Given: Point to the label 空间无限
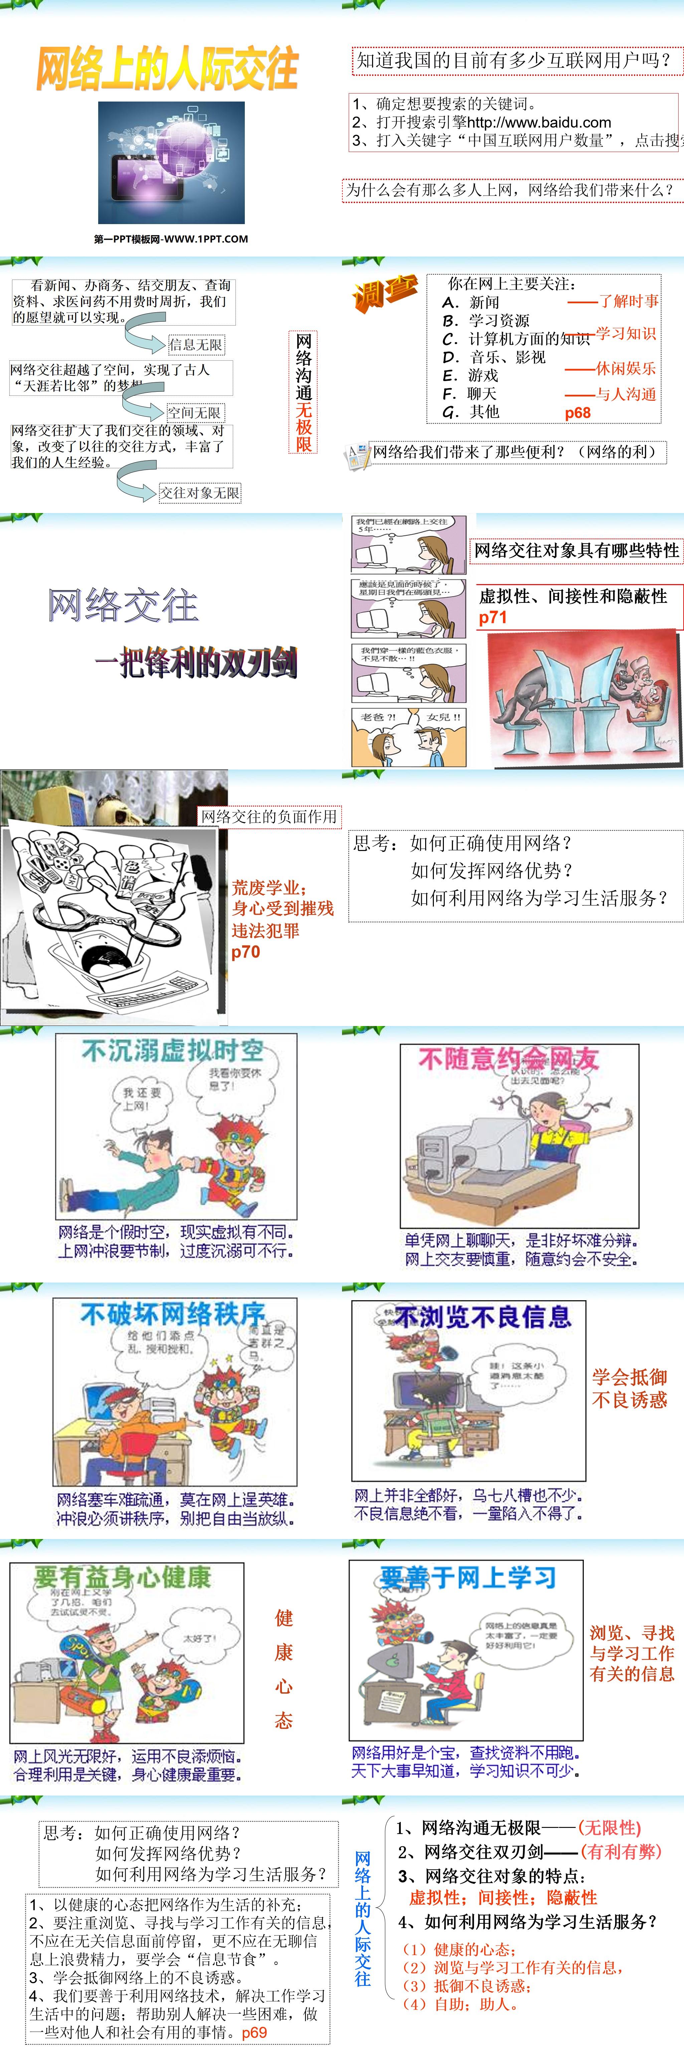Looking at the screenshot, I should (x=194, y=412).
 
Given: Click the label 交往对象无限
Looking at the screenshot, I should (x=199, y=493).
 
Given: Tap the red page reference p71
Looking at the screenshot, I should (x=493, y=617).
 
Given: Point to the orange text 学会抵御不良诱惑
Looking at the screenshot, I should (x=629, y=1388).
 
